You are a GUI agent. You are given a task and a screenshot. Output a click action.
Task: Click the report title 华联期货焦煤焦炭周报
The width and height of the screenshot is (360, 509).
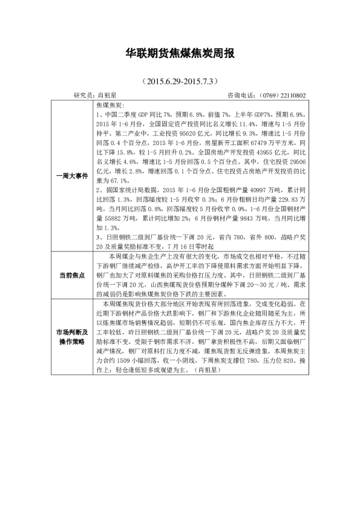(180, 54)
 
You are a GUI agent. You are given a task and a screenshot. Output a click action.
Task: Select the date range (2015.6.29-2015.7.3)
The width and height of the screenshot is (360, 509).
(180, 80)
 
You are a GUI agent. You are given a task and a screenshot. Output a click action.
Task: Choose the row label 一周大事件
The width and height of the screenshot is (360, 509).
(71, 177)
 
